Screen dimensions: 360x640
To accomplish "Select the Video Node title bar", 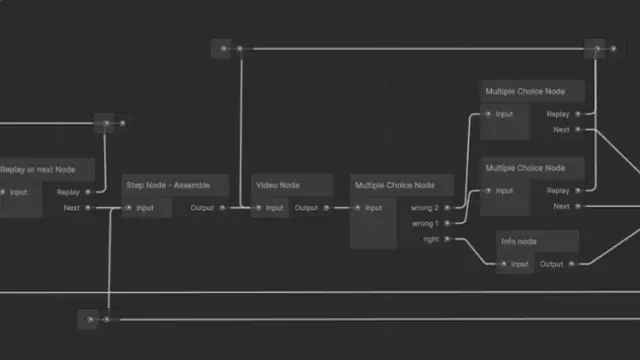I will (x=277, y=185).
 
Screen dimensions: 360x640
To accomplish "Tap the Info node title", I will (x=520, y=241).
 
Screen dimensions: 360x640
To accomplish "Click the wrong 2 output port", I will (x=447, y=208).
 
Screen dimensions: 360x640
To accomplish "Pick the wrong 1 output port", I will (x=447, y=223).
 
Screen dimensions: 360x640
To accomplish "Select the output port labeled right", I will (x=447, y=239).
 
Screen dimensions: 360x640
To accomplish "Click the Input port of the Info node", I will (x=504, y=264).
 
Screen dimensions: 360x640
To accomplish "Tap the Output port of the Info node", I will (x=571, y=264).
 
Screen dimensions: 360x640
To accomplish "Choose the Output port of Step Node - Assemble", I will (x=222, y=208).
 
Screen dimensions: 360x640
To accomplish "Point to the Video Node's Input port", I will (x=258, y=208).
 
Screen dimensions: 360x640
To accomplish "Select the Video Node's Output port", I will (x=326, y=208).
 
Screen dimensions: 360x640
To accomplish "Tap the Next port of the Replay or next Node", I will (x=88, y=208).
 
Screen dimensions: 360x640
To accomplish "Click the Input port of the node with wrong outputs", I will (x=357, y=208).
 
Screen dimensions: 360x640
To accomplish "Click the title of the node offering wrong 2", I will (x=394, y=185).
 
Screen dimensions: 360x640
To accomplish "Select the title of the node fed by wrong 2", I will (x=525, y=92).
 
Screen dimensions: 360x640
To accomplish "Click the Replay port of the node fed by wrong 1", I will (x=578, y=190).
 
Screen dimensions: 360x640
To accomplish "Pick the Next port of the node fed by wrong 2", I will (x=578, y=129).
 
